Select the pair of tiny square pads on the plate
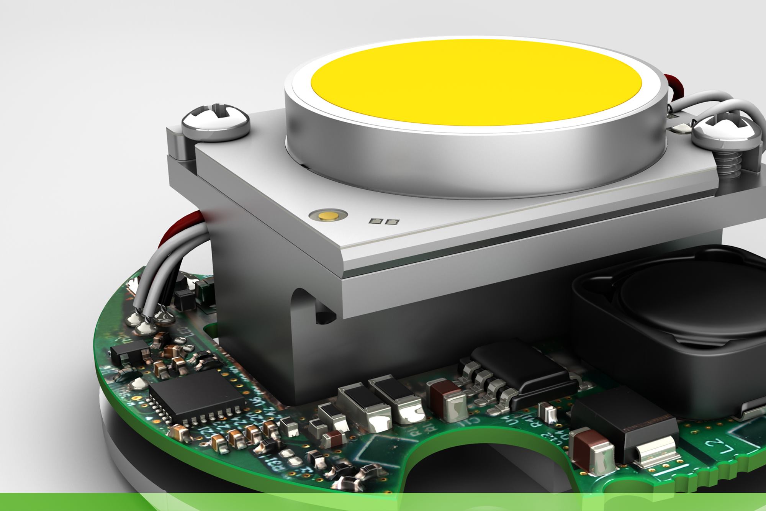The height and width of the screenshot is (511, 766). (383, 221)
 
